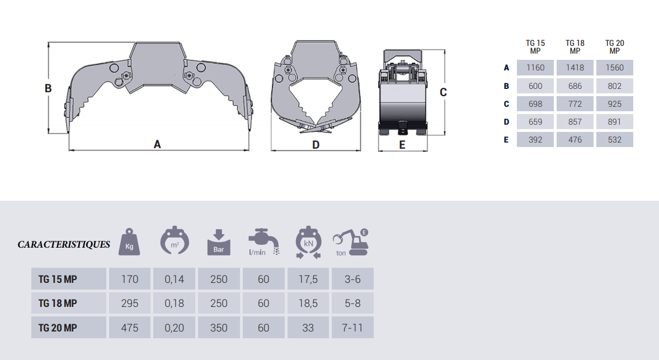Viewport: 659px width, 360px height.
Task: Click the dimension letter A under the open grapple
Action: pyautogui.click(x=157, y=145)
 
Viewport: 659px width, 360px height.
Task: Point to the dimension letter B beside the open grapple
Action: pyautogui.click(x=48, y=89)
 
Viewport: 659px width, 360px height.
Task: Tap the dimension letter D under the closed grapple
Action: pyautogui.click(x=316, y=145)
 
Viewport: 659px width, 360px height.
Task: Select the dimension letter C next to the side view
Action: pyautogui.click(x=443, y=92)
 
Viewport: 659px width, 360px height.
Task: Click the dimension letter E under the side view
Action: pyautogui.click(x=402, y=145)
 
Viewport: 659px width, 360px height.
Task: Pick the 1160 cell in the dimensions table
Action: pyautogui.click(x=535, y=68)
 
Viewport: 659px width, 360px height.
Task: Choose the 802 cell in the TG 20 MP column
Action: pyautogui.click(x=614, y=86)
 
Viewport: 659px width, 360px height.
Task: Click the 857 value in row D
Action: pyautogui.click(x=575, y=122)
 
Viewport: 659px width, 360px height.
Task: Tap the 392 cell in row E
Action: pyautogui.click(x=535, y=139)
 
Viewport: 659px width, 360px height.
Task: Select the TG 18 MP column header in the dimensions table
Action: pyautogui.click(x=575, y=47)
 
